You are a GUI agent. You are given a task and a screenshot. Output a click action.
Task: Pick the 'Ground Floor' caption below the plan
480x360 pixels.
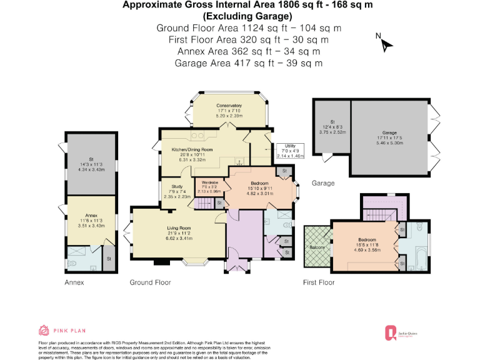pos(150,282)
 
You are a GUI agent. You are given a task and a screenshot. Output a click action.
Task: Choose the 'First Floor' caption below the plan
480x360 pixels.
pos(318,282)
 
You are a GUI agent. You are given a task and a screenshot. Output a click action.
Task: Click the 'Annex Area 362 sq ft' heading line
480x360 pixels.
pos(249,51)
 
